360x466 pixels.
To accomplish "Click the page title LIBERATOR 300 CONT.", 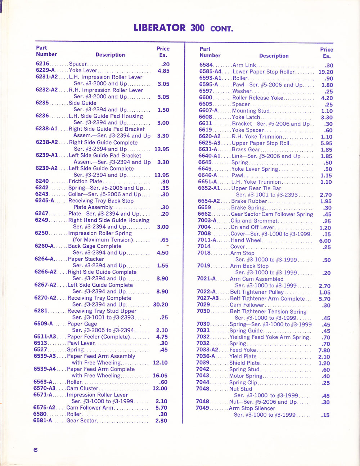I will (183, 28).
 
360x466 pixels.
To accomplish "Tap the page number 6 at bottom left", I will (35, 449).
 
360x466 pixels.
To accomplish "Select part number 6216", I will (42, 64).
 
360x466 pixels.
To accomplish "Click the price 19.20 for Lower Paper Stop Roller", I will (325, 72).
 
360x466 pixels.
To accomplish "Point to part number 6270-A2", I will (45, 298).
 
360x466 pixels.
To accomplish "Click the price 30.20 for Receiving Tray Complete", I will (161, 305).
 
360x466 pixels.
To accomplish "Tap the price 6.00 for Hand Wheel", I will (325, 241).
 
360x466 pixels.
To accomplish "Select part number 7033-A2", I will (207, 350).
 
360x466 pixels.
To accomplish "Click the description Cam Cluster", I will (82, 388).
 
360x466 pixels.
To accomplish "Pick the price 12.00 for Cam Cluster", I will (160, 389).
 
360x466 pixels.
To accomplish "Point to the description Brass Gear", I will (246, 149).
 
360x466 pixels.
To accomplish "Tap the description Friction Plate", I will (85, 182).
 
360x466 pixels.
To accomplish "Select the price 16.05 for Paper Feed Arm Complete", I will (160, 376).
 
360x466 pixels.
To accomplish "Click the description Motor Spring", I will (246, 376).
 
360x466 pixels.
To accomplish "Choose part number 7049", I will (202, 408).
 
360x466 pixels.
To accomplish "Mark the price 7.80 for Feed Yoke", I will (324, 350).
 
